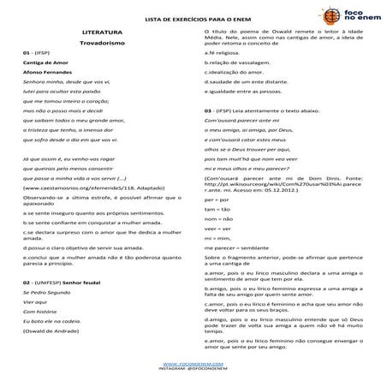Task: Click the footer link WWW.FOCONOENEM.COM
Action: coord(193,363)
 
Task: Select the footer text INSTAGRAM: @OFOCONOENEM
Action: coord(193,369)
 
